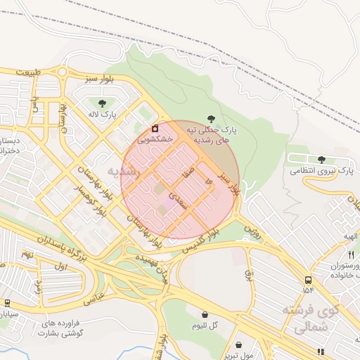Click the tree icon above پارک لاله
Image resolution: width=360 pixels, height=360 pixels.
[x=103, y=103]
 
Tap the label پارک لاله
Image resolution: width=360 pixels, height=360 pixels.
[x=103, y=114]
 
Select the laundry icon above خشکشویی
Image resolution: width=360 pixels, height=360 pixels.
[x=155, y=129]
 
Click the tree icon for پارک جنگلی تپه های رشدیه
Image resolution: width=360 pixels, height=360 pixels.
[x=212, y=120]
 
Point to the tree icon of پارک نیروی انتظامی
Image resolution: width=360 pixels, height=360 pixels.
[x=322, y=160]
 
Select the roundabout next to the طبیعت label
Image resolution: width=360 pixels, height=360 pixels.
[x=63, y=72]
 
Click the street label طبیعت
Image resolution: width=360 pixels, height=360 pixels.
[x=28, y=72]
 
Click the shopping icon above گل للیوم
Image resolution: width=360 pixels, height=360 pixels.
[x=205, y=314]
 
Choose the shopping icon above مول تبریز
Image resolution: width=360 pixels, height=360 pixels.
[x=240, y=345]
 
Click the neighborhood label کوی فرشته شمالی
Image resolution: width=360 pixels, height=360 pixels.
[x=311, y=318]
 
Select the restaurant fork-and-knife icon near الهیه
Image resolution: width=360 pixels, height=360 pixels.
[x=351, y=254]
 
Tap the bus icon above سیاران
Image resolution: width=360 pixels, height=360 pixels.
[x=8, y=303]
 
